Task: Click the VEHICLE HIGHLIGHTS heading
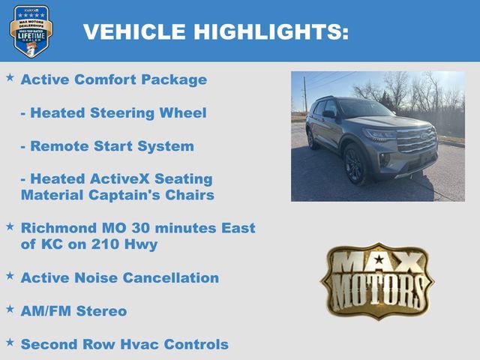(215, 31)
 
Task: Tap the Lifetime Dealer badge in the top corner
(31, 31)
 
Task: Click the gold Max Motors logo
(377, 280)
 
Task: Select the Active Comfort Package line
(113, 79)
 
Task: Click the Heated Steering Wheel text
(113, 113)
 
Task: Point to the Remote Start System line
(106, 146)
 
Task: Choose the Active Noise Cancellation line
(119, 278)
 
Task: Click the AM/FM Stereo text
(73, 310)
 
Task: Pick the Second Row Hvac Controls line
(124, 344)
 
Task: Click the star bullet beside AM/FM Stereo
(10, 308)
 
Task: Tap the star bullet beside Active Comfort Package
(10, 77)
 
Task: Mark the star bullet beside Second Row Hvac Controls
(10, 342)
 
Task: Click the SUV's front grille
(416, 140)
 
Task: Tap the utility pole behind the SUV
(304, 94)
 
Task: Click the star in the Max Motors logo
(378, 260)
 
